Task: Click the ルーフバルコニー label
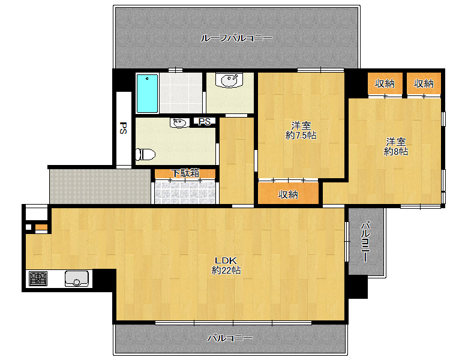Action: tap(236, 38)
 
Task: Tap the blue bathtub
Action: tap(147, 94)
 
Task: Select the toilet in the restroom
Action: tap(145, 154)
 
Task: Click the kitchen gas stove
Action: tap(38, 278)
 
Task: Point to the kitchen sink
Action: tap(77, 278)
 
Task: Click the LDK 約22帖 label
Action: tap(226, 265)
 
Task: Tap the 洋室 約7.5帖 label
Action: tap(301, 130)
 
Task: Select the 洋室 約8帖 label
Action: tap(396, 146)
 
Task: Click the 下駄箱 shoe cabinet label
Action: tap(185, 173)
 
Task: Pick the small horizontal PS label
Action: tap(205, 121)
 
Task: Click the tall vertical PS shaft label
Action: tap(123, 128)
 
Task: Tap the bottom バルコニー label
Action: tap(230, 338)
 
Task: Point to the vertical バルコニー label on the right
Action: tap(365, 241)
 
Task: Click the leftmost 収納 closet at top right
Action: tap(385, 83)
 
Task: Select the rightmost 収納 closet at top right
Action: tap(424, 83)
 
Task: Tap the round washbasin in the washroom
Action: tap(229, 80)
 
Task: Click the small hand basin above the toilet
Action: tap(179, 122)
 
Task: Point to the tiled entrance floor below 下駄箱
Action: tap(185, 193)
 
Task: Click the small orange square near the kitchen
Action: tap(41, 227)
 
